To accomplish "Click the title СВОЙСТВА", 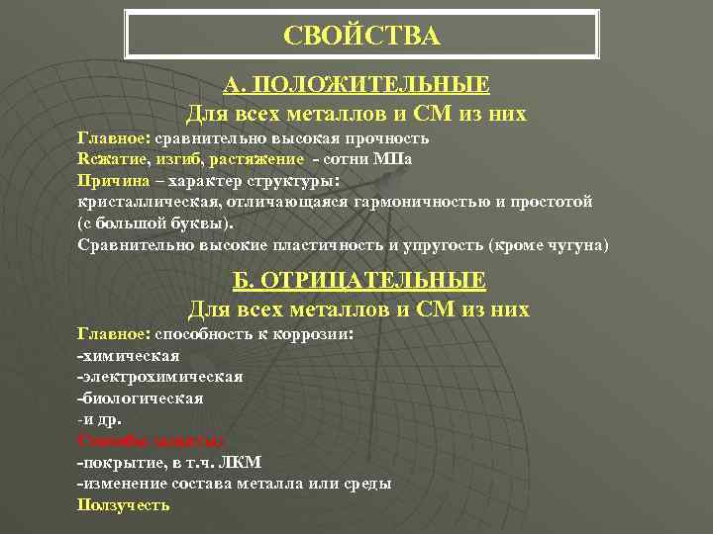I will coord(360,37).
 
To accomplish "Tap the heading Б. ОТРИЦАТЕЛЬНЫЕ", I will coord(359,281).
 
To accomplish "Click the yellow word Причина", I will coord(108,181).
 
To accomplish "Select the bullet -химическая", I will coord(128,355).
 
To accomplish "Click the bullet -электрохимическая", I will coord(159,377).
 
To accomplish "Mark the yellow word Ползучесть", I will coord(123,504).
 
